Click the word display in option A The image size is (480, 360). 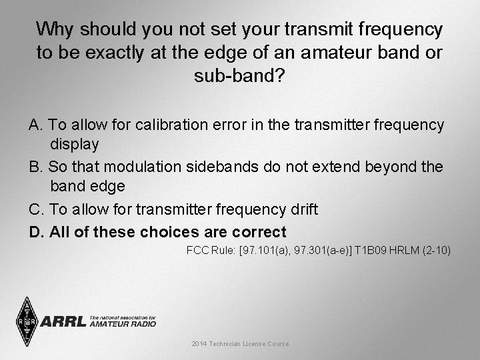point(75,144)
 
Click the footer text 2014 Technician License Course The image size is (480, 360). point(240,344)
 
